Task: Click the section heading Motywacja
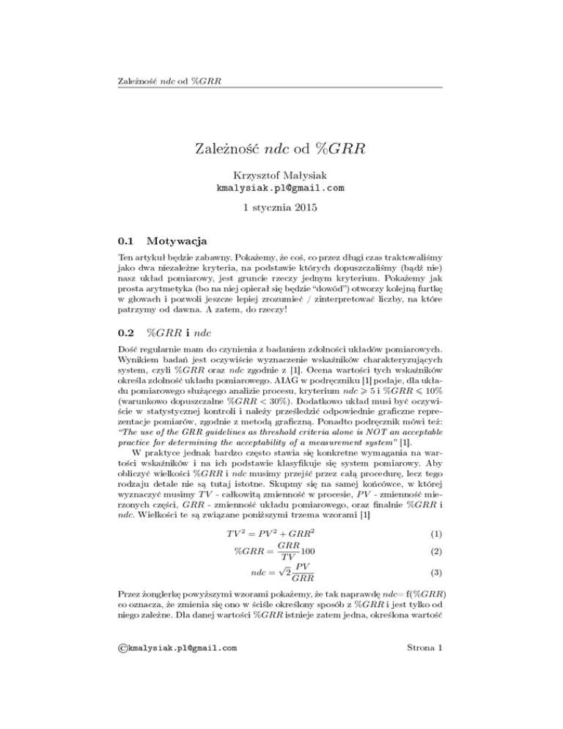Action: pos(177,241)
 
